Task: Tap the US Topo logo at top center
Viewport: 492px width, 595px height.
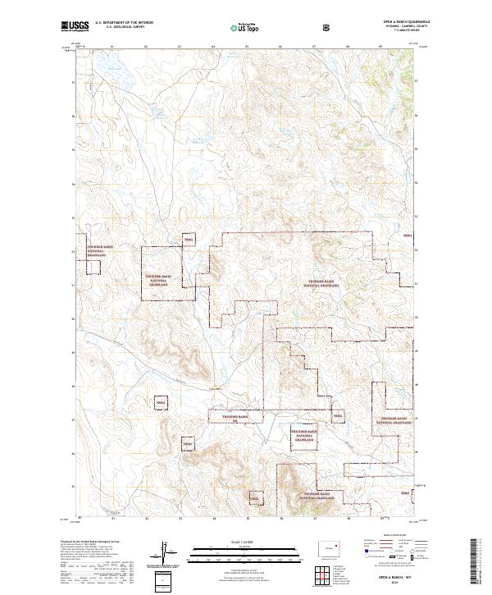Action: (x=237, y=27)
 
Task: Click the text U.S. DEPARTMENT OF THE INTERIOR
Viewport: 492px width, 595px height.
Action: (x=124, y=23)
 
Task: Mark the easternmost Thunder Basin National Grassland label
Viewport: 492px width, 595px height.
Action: (x=393, y=420)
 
